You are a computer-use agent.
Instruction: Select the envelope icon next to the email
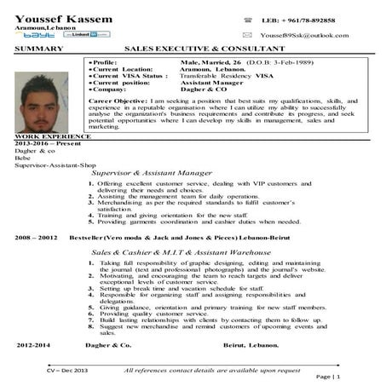pyautogui.click(x=247, y=35)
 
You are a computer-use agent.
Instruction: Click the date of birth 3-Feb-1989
pyautogui.click(x=293, y=64)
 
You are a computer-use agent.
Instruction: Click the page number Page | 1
pyautogui.click(x=328, y=377)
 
